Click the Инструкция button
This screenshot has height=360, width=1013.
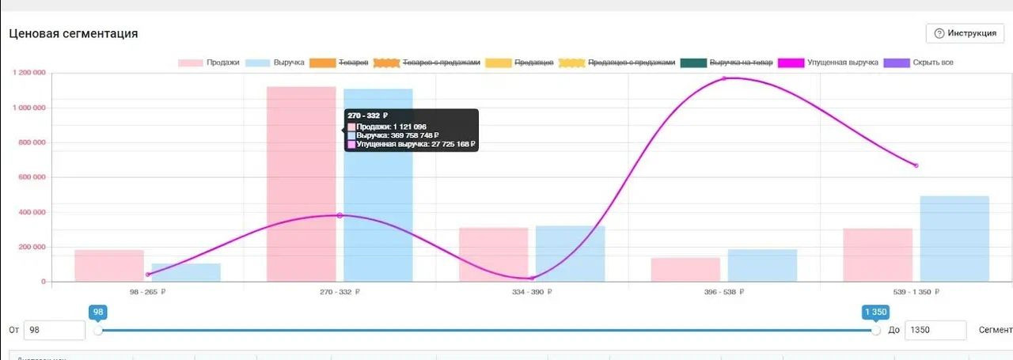(965, 33)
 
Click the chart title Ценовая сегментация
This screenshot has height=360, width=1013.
(74, 33)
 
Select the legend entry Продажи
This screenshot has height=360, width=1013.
(209, 63)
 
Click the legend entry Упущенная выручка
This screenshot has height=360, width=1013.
(828, 63)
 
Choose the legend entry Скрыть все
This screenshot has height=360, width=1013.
(918, 63)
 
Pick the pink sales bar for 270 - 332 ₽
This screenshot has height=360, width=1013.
(301, 190)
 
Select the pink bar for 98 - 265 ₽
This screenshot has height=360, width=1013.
(109, 266)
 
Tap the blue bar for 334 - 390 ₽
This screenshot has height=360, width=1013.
(570, 253)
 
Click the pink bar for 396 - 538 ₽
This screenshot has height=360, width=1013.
(685, 269)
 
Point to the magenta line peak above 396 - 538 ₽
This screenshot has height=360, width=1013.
(723, 78)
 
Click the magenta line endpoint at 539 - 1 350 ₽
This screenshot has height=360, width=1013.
(916, 165)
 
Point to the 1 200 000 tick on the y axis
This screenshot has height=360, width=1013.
(29, 73)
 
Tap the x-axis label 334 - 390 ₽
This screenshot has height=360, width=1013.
(531, 292)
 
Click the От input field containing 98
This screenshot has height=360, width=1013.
(54, 330)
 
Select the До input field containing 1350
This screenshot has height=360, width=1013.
(935, 330)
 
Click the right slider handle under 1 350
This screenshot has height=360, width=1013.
(875, 330)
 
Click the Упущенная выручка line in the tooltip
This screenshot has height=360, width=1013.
(415, 145)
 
